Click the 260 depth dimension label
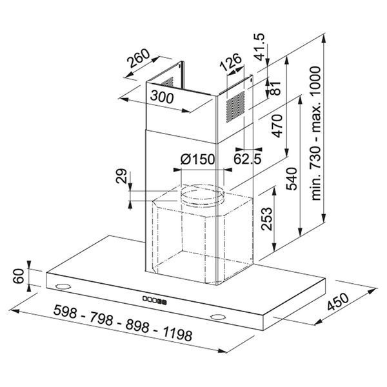coord(138,59)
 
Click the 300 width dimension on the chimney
coord(162,97)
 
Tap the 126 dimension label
coord(230,62)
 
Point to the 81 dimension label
coord(275,88)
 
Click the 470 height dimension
coord(277,126)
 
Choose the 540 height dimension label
coord(292,179)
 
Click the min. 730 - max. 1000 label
coord(316,134)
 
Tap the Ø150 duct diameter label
coord(198,159)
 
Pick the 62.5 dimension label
coord(247,159)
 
